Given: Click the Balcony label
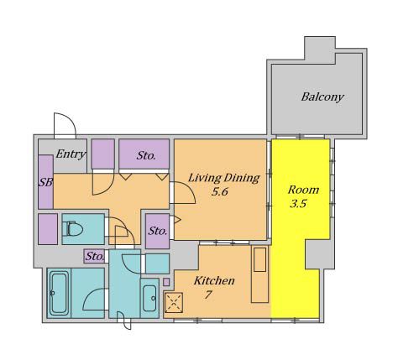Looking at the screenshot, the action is [322, 97].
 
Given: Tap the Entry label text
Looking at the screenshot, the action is [71, 154].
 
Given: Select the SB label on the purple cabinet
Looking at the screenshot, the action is [45, 183].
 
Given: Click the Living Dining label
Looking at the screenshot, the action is [224, 178].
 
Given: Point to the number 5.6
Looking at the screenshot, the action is [220, 192].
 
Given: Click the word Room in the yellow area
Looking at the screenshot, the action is [303, 190].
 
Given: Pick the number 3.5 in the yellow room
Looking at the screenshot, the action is [298, 204].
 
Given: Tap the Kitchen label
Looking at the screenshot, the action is [214, 280].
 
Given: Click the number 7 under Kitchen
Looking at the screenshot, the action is [207, 295].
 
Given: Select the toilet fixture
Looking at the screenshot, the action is [72, 229].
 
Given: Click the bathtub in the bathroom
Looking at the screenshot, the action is [59, 294].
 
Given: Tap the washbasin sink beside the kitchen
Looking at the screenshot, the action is [149, 299].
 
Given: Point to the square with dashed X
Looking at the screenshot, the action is [174, 302].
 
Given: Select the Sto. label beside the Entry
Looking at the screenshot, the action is [146, 155].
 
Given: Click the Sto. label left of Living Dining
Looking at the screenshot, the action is [158, 231].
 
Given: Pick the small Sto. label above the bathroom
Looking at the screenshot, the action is [95, 256].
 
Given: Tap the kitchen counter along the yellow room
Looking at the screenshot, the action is [260, 274].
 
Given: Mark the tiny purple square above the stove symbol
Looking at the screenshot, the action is [166, 282].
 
